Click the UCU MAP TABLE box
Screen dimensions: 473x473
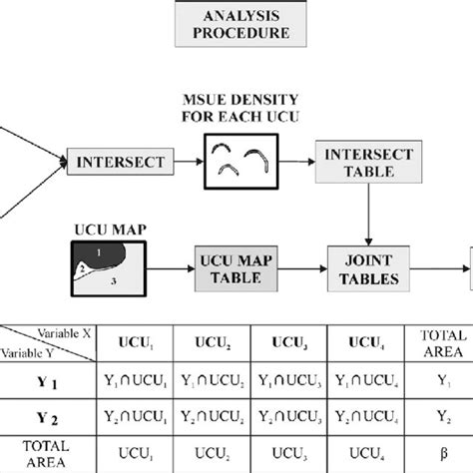(236, 267)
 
